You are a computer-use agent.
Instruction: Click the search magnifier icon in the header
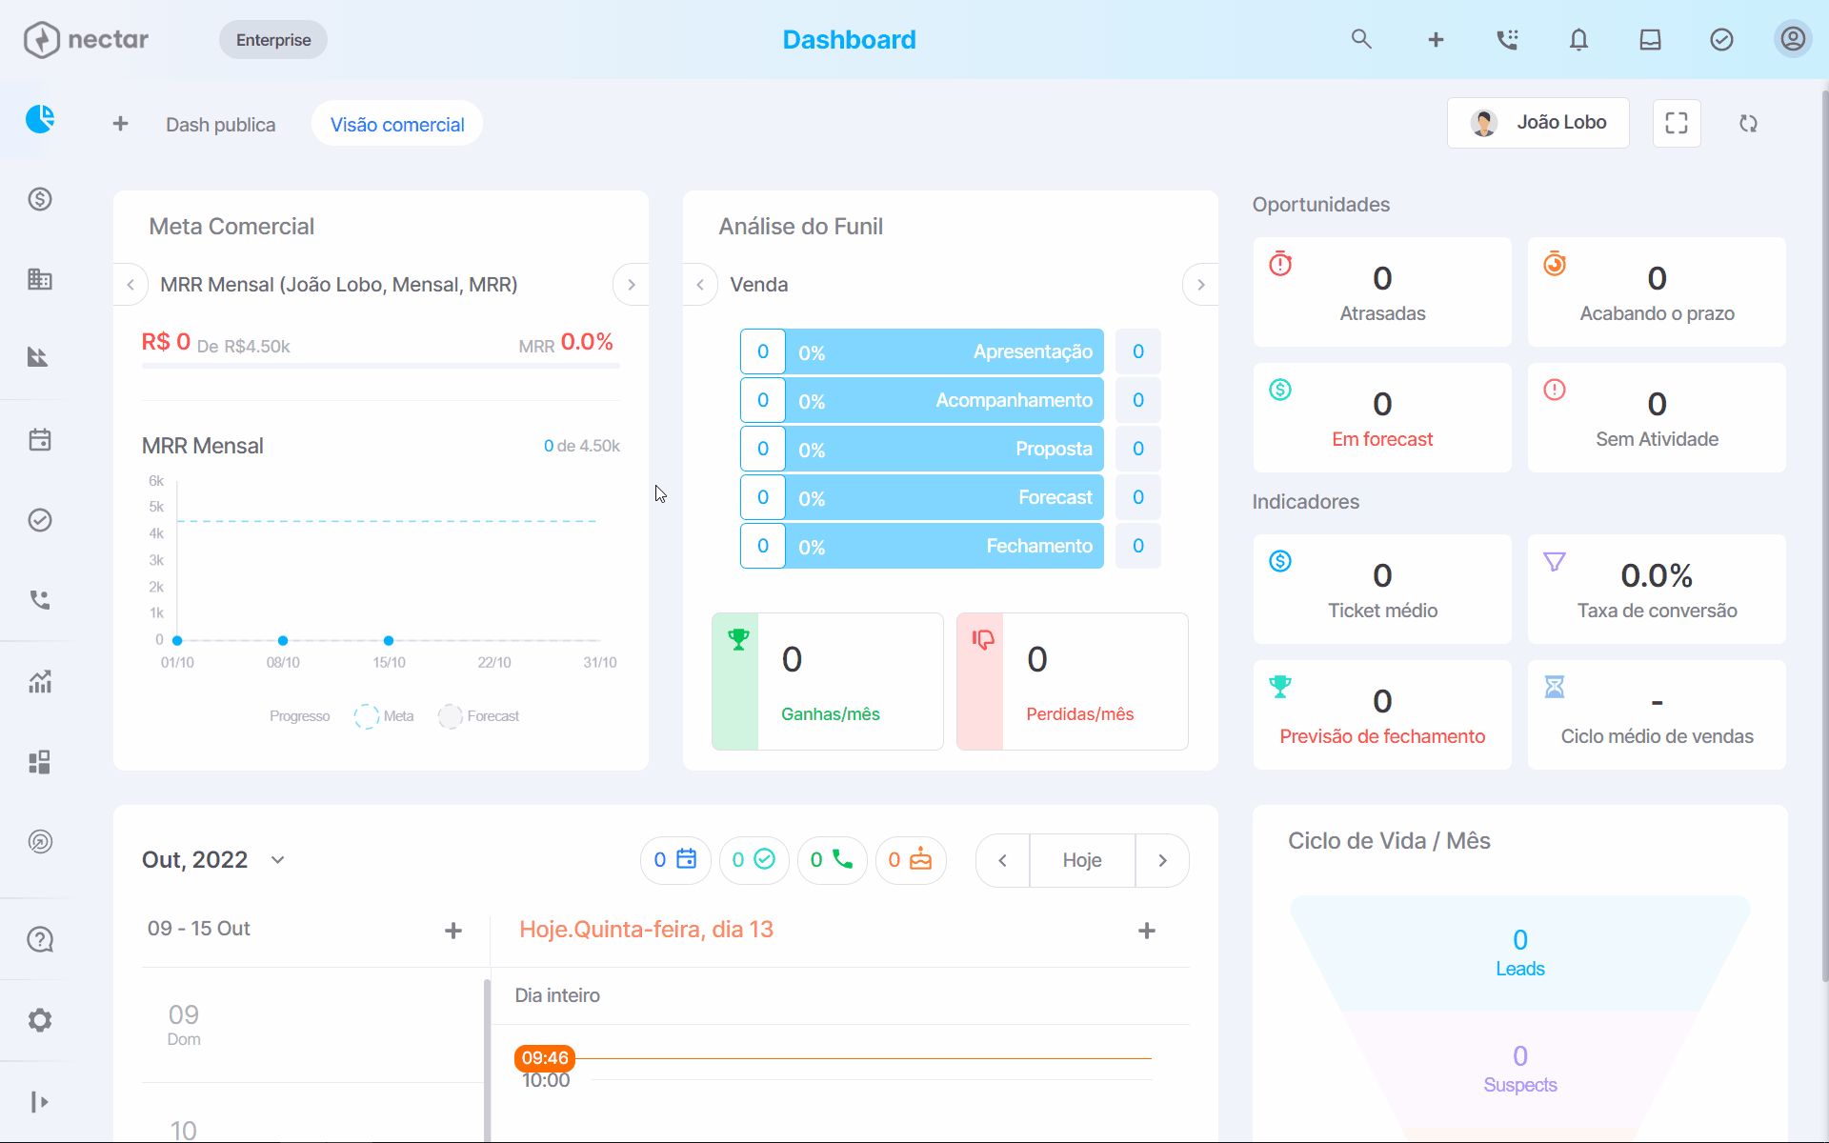(1361, 39)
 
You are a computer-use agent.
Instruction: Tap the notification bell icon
(1578, 39)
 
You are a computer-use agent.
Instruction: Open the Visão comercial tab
(397, 124)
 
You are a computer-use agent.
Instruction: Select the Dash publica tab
(220, 124)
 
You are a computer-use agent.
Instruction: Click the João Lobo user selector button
(1538, 123)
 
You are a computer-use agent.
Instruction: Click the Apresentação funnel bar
(944, 352)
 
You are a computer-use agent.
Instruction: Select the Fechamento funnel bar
(944, 546)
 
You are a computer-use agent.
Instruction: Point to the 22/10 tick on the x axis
(494, 662)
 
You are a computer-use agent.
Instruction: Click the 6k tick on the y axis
(156, 481)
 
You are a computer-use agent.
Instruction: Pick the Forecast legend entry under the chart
(479, 716)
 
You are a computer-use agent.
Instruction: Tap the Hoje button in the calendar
(1082, 860)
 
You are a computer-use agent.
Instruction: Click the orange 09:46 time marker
(545, 1058)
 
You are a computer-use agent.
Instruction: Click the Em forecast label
(1382, 439)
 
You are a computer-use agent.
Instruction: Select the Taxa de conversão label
(1658, 611)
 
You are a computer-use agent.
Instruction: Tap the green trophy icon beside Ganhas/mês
(738, 639)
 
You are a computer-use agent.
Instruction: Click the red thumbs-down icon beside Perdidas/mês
(983, 639)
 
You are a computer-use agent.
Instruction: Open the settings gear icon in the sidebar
(40, 1020)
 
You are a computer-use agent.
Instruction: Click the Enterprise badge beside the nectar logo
(273, 40)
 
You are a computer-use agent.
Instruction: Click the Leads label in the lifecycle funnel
(1520, 969)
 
